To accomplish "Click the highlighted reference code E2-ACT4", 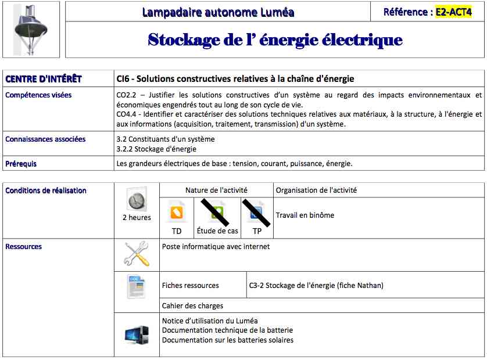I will point(454,12).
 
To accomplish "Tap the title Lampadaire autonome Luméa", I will point(218,12).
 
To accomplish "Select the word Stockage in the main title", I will point(184,39).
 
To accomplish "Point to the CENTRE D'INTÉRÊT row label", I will point(44,79).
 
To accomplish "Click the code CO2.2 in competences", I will point(126,95).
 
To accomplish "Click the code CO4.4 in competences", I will point(126,114).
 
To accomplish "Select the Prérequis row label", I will point(21,164).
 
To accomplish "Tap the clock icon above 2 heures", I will point(136,201).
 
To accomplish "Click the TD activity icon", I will point(177,213).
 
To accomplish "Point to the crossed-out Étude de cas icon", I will point(217,212).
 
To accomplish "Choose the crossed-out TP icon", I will point(257,212).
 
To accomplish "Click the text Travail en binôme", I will point(305,215).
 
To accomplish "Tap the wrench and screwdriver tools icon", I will point(137,254).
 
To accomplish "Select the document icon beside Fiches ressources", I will point(137,286).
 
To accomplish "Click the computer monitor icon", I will point(137,335).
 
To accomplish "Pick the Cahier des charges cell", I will point(192,305).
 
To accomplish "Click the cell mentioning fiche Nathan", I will point(316,286).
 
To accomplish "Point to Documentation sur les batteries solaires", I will point(228,340).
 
